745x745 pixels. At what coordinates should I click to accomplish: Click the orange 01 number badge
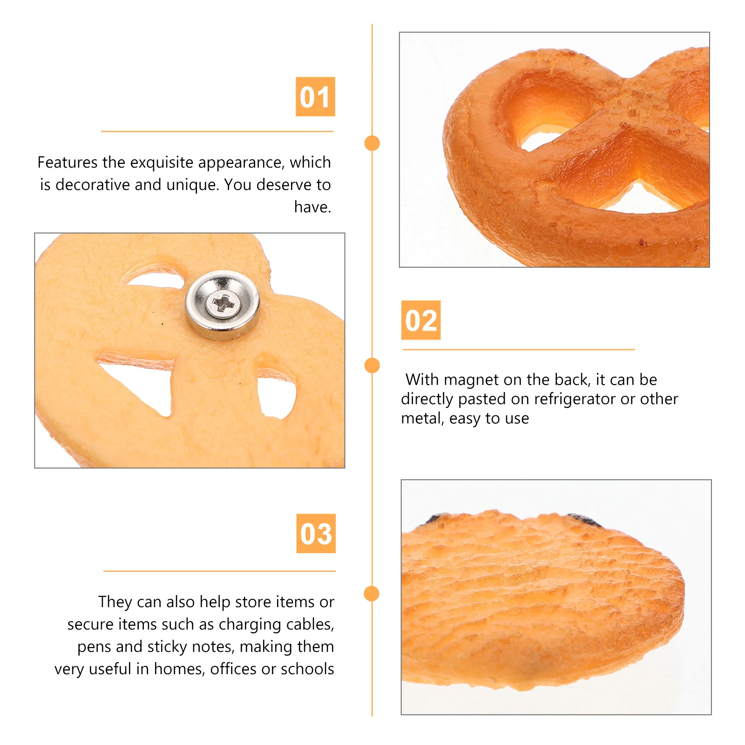tap(315, 97)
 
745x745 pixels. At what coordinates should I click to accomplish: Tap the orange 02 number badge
tap(421, 320)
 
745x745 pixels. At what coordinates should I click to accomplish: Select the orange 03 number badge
tap(316, 534)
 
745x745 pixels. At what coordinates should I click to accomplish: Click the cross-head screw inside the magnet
tap(223, 304)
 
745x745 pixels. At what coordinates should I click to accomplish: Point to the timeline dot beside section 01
tap(372, 143)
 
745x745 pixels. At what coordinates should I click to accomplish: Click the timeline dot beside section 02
tap(372, 366)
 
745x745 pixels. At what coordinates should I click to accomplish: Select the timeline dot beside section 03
tap(372, 594)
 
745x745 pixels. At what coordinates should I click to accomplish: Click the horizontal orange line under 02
tap(518, 349)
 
